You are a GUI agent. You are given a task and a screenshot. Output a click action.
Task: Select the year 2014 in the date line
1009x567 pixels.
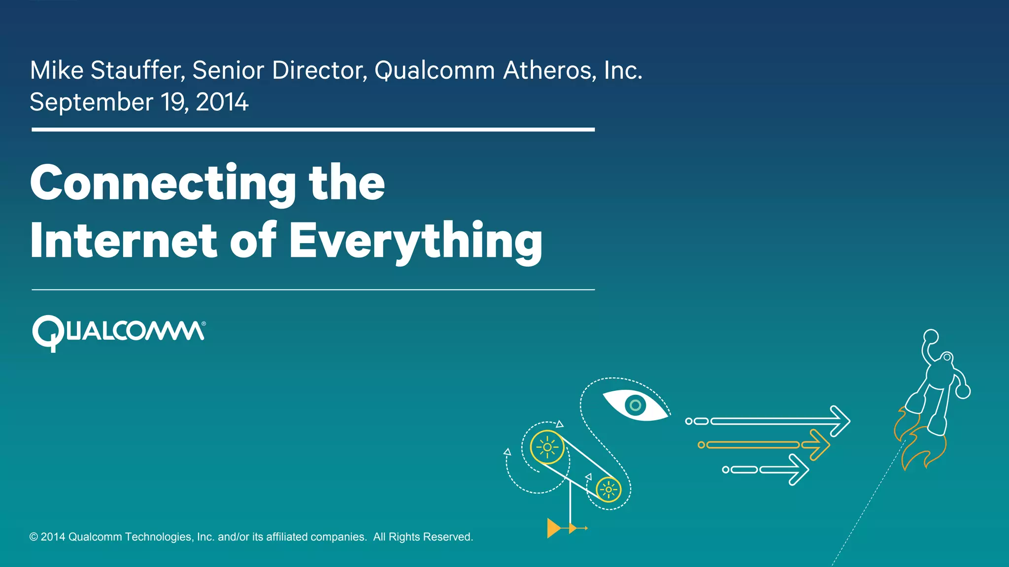point(222,102)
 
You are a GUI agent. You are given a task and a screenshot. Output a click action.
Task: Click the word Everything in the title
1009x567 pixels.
point(415,241)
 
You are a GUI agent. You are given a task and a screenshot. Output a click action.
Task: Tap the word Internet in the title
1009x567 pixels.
point(123,241)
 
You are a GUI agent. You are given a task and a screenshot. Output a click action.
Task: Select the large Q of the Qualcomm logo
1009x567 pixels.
point(48,333)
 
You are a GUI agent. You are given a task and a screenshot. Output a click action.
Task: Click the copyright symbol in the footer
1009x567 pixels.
point(34,537)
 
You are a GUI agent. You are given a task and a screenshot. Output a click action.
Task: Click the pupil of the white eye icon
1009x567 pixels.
point(635,406)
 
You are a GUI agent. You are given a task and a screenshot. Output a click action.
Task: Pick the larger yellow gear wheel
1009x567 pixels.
point(547,447)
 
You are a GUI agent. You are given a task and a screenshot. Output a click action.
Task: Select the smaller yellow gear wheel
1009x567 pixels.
point(608,490)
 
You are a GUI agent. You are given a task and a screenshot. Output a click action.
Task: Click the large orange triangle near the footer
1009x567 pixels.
point(553,528)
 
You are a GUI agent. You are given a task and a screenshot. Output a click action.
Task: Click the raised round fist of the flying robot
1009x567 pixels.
point(931,337)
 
